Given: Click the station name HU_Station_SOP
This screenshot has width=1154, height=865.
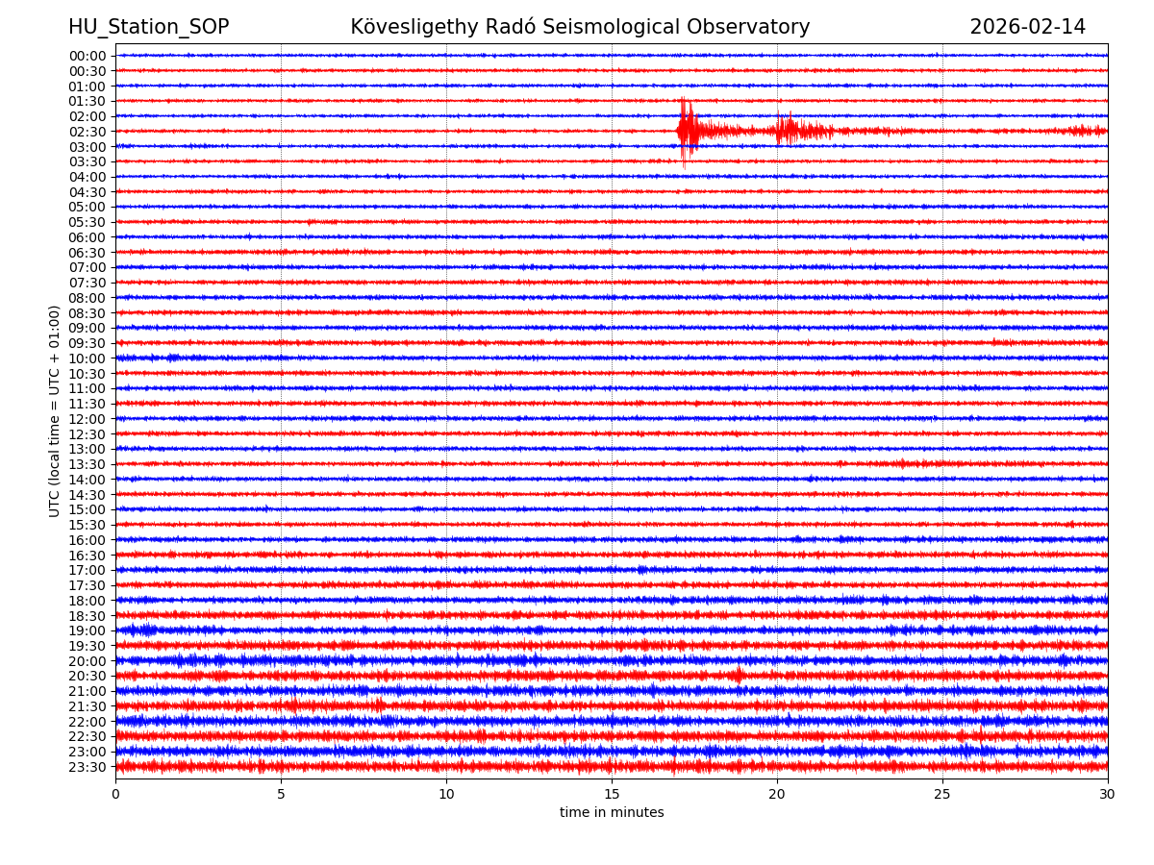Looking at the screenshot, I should (148, 27).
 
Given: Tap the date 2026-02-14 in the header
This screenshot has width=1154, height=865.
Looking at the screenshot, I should (1027, 27).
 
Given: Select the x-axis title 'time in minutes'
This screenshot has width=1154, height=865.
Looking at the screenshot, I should (612, 812).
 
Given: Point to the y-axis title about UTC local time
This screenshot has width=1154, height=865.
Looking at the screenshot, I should (55, 411).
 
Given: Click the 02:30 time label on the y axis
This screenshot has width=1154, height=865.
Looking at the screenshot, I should (88, 132).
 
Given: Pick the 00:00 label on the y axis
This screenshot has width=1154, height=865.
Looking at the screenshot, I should (88, 56).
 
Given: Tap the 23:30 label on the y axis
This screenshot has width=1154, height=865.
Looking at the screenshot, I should (88, 767).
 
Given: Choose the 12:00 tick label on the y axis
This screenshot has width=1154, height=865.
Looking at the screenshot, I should (88, 419).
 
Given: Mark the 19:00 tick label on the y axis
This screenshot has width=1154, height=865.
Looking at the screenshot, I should (88, 630).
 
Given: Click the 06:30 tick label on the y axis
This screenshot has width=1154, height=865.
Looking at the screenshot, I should (88, 253).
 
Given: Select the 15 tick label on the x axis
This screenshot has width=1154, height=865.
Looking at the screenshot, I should (612, 795).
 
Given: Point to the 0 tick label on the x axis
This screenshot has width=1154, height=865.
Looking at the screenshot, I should (115, 795).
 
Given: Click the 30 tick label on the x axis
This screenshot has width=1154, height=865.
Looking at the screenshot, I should (1108, 795).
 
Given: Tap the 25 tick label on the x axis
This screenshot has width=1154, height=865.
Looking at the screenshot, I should (942, 795).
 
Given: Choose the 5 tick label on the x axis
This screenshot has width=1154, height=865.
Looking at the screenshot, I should (281, 795).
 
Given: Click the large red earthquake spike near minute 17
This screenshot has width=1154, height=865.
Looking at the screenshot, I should (684, 131).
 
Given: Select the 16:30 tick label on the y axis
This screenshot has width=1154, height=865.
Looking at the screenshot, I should (88, 556).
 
